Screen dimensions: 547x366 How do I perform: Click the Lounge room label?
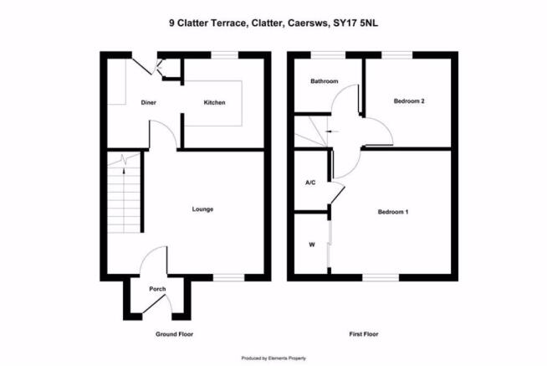point(202,209)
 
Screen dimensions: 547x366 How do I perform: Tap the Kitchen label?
point(215,103)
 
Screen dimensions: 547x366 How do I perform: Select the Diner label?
point(148,103)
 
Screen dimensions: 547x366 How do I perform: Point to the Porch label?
point(157,289)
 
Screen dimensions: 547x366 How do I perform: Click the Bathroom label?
point(325,81)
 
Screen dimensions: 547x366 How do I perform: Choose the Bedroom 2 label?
point(409,101)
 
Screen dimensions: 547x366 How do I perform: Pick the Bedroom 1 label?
point(393,212)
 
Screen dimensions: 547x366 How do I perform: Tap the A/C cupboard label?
point(310,183)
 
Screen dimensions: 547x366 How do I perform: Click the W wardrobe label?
point(312,245)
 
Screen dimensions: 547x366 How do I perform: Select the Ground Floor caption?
point(175,334)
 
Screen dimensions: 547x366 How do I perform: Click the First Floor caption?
point(364,334)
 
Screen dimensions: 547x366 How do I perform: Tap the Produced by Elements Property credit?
point(273,358)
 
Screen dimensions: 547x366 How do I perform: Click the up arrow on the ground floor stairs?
point(124,170)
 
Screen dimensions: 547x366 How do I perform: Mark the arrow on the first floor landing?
point(332,131)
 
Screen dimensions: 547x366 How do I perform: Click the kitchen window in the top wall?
point(225,55)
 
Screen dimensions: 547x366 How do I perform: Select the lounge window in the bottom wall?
point(229,278)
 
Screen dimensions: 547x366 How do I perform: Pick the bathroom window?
point(328,55)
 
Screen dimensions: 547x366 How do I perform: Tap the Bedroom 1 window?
point(381,278)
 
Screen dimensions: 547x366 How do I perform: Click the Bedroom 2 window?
point(397,55)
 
